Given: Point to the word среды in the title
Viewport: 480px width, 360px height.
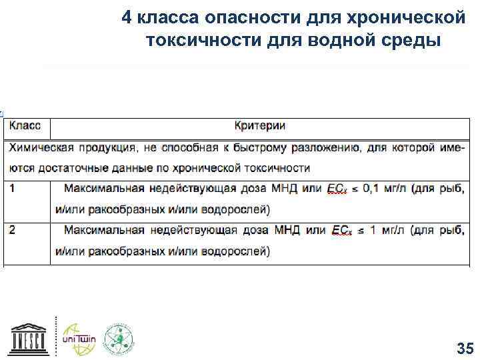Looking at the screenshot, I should (410, 39).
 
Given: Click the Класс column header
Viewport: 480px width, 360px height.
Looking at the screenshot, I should (25, 125).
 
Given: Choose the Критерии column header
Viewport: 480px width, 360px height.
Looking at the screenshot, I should (260, 125).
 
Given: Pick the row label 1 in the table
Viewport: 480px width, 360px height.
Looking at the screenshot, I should (13, 189).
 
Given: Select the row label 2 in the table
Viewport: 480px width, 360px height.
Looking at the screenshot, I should (13, 230).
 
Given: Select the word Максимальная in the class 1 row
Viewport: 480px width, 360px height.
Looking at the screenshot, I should (104, 189).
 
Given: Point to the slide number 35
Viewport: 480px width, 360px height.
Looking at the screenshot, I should (464, 348).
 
